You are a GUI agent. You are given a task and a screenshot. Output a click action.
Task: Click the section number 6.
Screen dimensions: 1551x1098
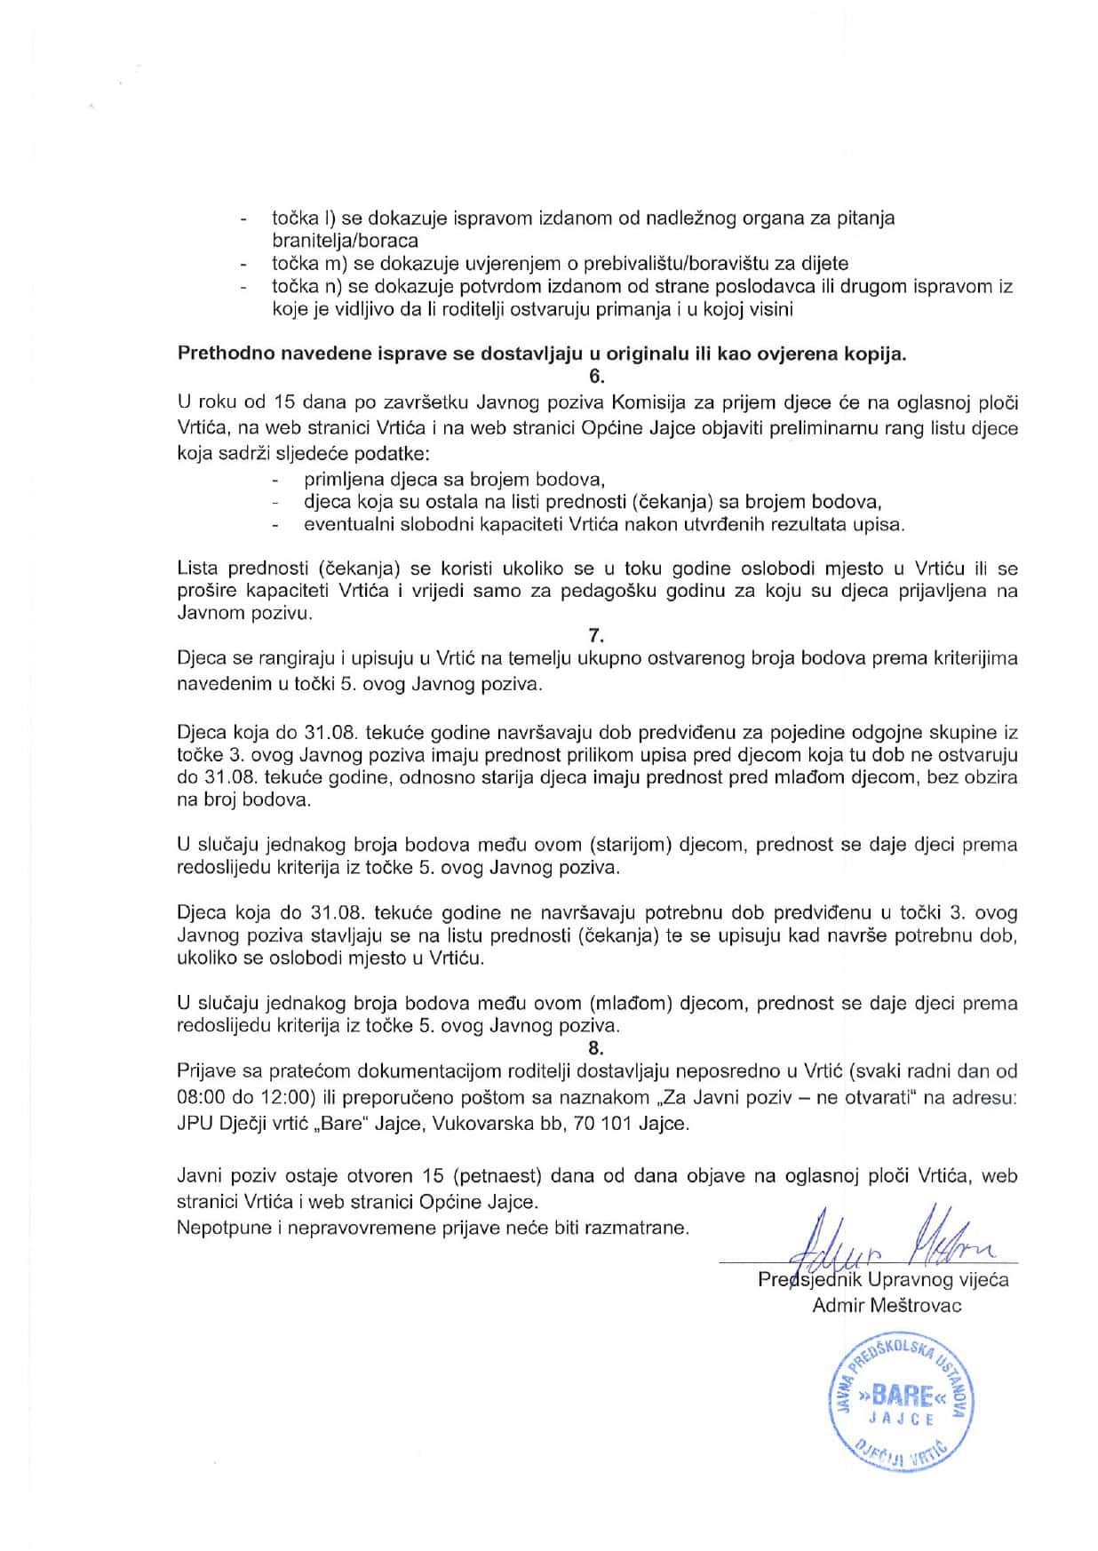(x=597, y=376)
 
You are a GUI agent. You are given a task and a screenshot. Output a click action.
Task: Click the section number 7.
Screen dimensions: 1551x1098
(x=596, y=635)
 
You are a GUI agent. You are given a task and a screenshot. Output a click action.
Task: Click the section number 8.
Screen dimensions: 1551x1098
(x=596, y=1047)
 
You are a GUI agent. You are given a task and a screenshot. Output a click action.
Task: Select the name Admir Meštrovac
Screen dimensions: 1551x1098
(x=887, y=1305)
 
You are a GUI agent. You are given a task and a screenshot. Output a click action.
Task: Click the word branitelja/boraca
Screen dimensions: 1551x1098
(x=346, y=241)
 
